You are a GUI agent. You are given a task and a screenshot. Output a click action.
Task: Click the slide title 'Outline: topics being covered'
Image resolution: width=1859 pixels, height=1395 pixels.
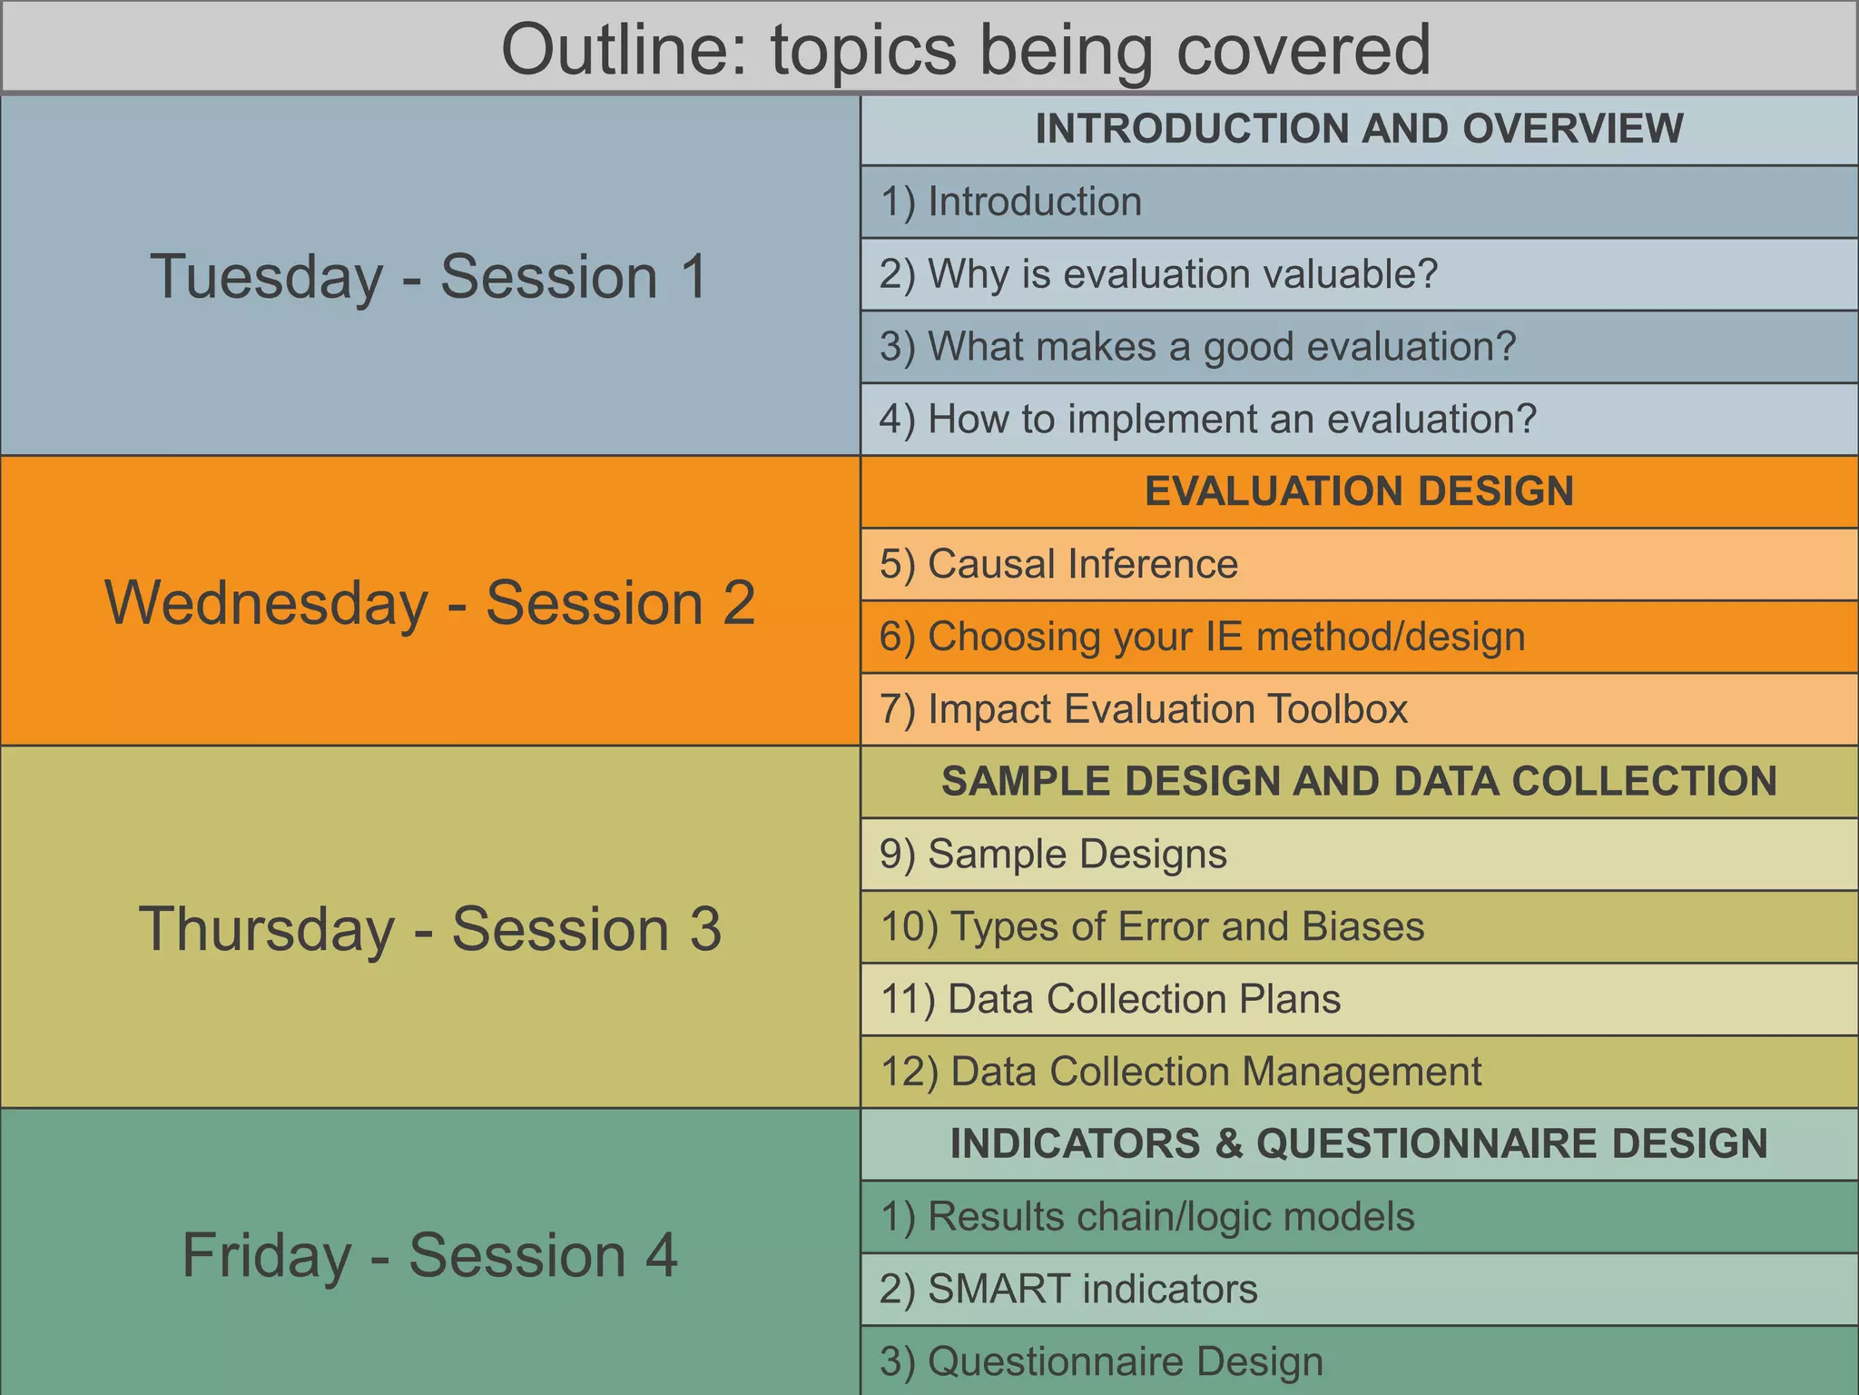coord(965,50)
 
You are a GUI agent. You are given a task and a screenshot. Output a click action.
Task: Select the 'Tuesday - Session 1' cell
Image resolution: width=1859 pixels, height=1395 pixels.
coord(428,276)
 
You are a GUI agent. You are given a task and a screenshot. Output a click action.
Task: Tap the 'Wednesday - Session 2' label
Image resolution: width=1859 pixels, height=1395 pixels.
coord(429,602)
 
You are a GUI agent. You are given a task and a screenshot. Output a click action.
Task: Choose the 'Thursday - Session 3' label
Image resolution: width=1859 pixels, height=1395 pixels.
coord(429,928)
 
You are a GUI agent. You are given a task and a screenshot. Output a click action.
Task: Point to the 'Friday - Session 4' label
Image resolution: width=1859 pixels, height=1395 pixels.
coord(429,1255)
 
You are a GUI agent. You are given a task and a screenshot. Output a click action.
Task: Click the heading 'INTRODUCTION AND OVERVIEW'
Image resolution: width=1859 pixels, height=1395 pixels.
coord(1359,129)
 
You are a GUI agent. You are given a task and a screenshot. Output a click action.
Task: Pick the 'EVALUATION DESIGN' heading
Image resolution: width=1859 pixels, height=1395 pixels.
coord(1359,491)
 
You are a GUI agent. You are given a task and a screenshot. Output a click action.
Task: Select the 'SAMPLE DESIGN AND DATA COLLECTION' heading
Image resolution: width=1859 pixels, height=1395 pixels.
coord(1359,781)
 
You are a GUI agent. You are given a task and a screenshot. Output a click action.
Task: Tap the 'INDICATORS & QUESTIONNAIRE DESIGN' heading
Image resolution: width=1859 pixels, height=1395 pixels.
coord(1359,1143)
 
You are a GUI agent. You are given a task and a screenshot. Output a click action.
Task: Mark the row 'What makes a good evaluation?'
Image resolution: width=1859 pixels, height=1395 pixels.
coord(1198,347)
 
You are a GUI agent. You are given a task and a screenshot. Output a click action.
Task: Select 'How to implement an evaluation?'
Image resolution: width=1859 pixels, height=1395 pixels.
coord(1208,420)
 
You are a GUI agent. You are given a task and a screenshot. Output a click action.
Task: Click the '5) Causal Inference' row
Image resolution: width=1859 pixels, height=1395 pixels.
coord(1058,564)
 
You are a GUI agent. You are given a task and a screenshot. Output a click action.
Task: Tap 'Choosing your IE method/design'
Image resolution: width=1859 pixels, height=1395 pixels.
coord(1202,637)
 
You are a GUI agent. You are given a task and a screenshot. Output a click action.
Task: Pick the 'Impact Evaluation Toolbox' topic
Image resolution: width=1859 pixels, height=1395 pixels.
coord(1144,709)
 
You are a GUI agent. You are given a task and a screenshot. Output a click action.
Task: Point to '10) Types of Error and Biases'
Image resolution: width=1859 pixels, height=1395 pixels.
coord(1153,926)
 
